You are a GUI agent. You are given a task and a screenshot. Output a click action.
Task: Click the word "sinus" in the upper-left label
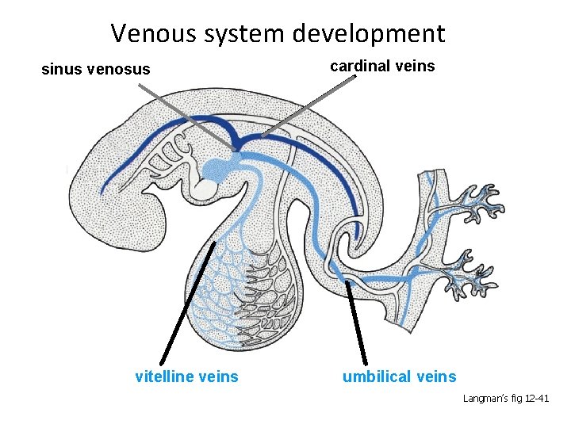pos(60,70)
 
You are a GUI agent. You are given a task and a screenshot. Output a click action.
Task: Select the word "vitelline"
pos(165,376)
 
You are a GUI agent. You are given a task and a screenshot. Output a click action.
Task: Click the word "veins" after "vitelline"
pos(217,376)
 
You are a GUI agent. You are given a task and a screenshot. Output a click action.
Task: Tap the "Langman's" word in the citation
pos(485,399)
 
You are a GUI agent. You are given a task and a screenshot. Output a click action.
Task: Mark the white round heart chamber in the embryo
pos(205,189)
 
